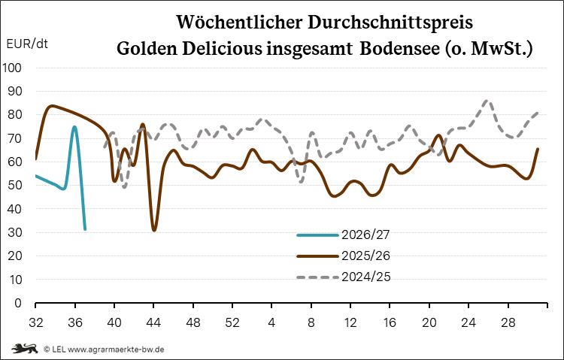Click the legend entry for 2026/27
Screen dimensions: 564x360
point(344,234)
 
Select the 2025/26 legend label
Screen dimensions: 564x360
point(365,256)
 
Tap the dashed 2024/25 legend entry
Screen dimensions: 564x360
point(344,277)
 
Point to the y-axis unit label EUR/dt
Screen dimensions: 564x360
point(27,44)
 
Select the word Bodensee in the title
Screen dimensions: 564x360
point(399,49)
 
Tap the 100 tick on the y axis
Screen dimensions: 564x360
point(11,68)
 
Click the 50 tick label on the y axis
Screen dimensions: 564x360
point(14,185)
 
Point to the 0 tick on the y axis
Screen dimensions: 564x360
point(18,303)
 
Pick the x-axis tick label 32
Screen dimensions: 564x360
point(35,322)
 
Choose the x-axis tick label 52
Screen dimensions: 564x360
point(232,322)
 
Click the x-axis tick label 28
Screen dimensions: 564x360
point(508,322)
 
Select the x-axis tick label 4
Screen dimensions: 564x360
point(271,322)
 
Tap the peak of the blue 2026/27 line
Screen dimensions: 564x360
point(74,126)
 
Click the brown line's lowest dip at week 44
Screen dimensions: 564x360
point(154,230)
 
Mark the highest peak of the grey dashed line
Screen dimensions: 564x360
point(487,101)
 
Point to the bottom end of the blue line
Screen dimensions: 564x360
point(85,229)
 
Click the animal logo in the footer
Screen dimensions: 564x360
point(24,349)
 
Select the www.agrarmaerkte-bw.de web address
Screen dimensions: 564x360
point(116,349)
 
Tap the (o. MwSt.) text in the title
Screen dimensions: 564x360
point(489,49)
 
